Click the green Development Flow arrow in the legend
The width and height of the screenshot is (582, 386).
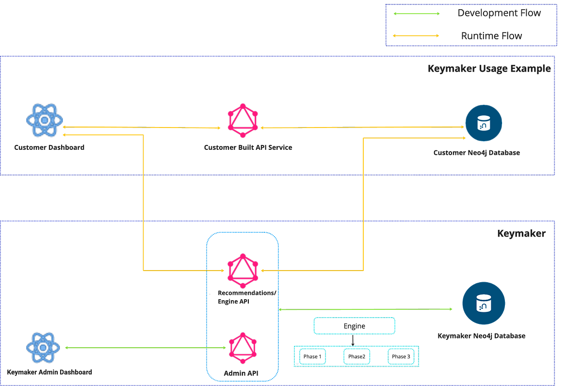tap(415, 14)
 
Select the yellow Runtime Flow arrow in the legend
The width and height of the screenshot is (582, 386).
tap(415, 35)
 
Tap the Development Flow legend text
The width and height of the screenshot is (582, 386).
tap(499, 13)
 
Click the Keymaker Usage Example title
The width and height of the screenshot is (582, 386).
tap(489, 68)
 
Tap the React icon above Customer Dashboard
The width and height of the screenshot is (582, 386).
tap(44, 120)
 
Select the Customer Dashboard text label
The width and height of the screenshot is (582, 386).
tap(49, 147)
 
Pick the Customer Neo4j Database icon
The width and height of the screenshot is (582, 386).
tap(484, 124)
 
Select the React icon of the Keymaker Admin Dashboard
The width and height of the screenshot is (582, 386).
tap(44, 347)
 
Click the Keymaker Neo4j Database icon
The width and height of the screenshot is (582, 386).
tap(484, 303)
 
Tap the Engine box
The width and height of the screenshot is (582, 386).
tap(354, 327)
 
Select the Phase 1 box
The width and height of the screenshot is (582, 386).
tap(312, 356)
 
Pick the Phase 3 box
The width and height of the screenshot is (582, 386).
tap(401, 356)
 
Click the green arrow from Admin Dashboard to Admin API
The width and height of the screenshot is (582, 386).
tap(145, 347)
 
